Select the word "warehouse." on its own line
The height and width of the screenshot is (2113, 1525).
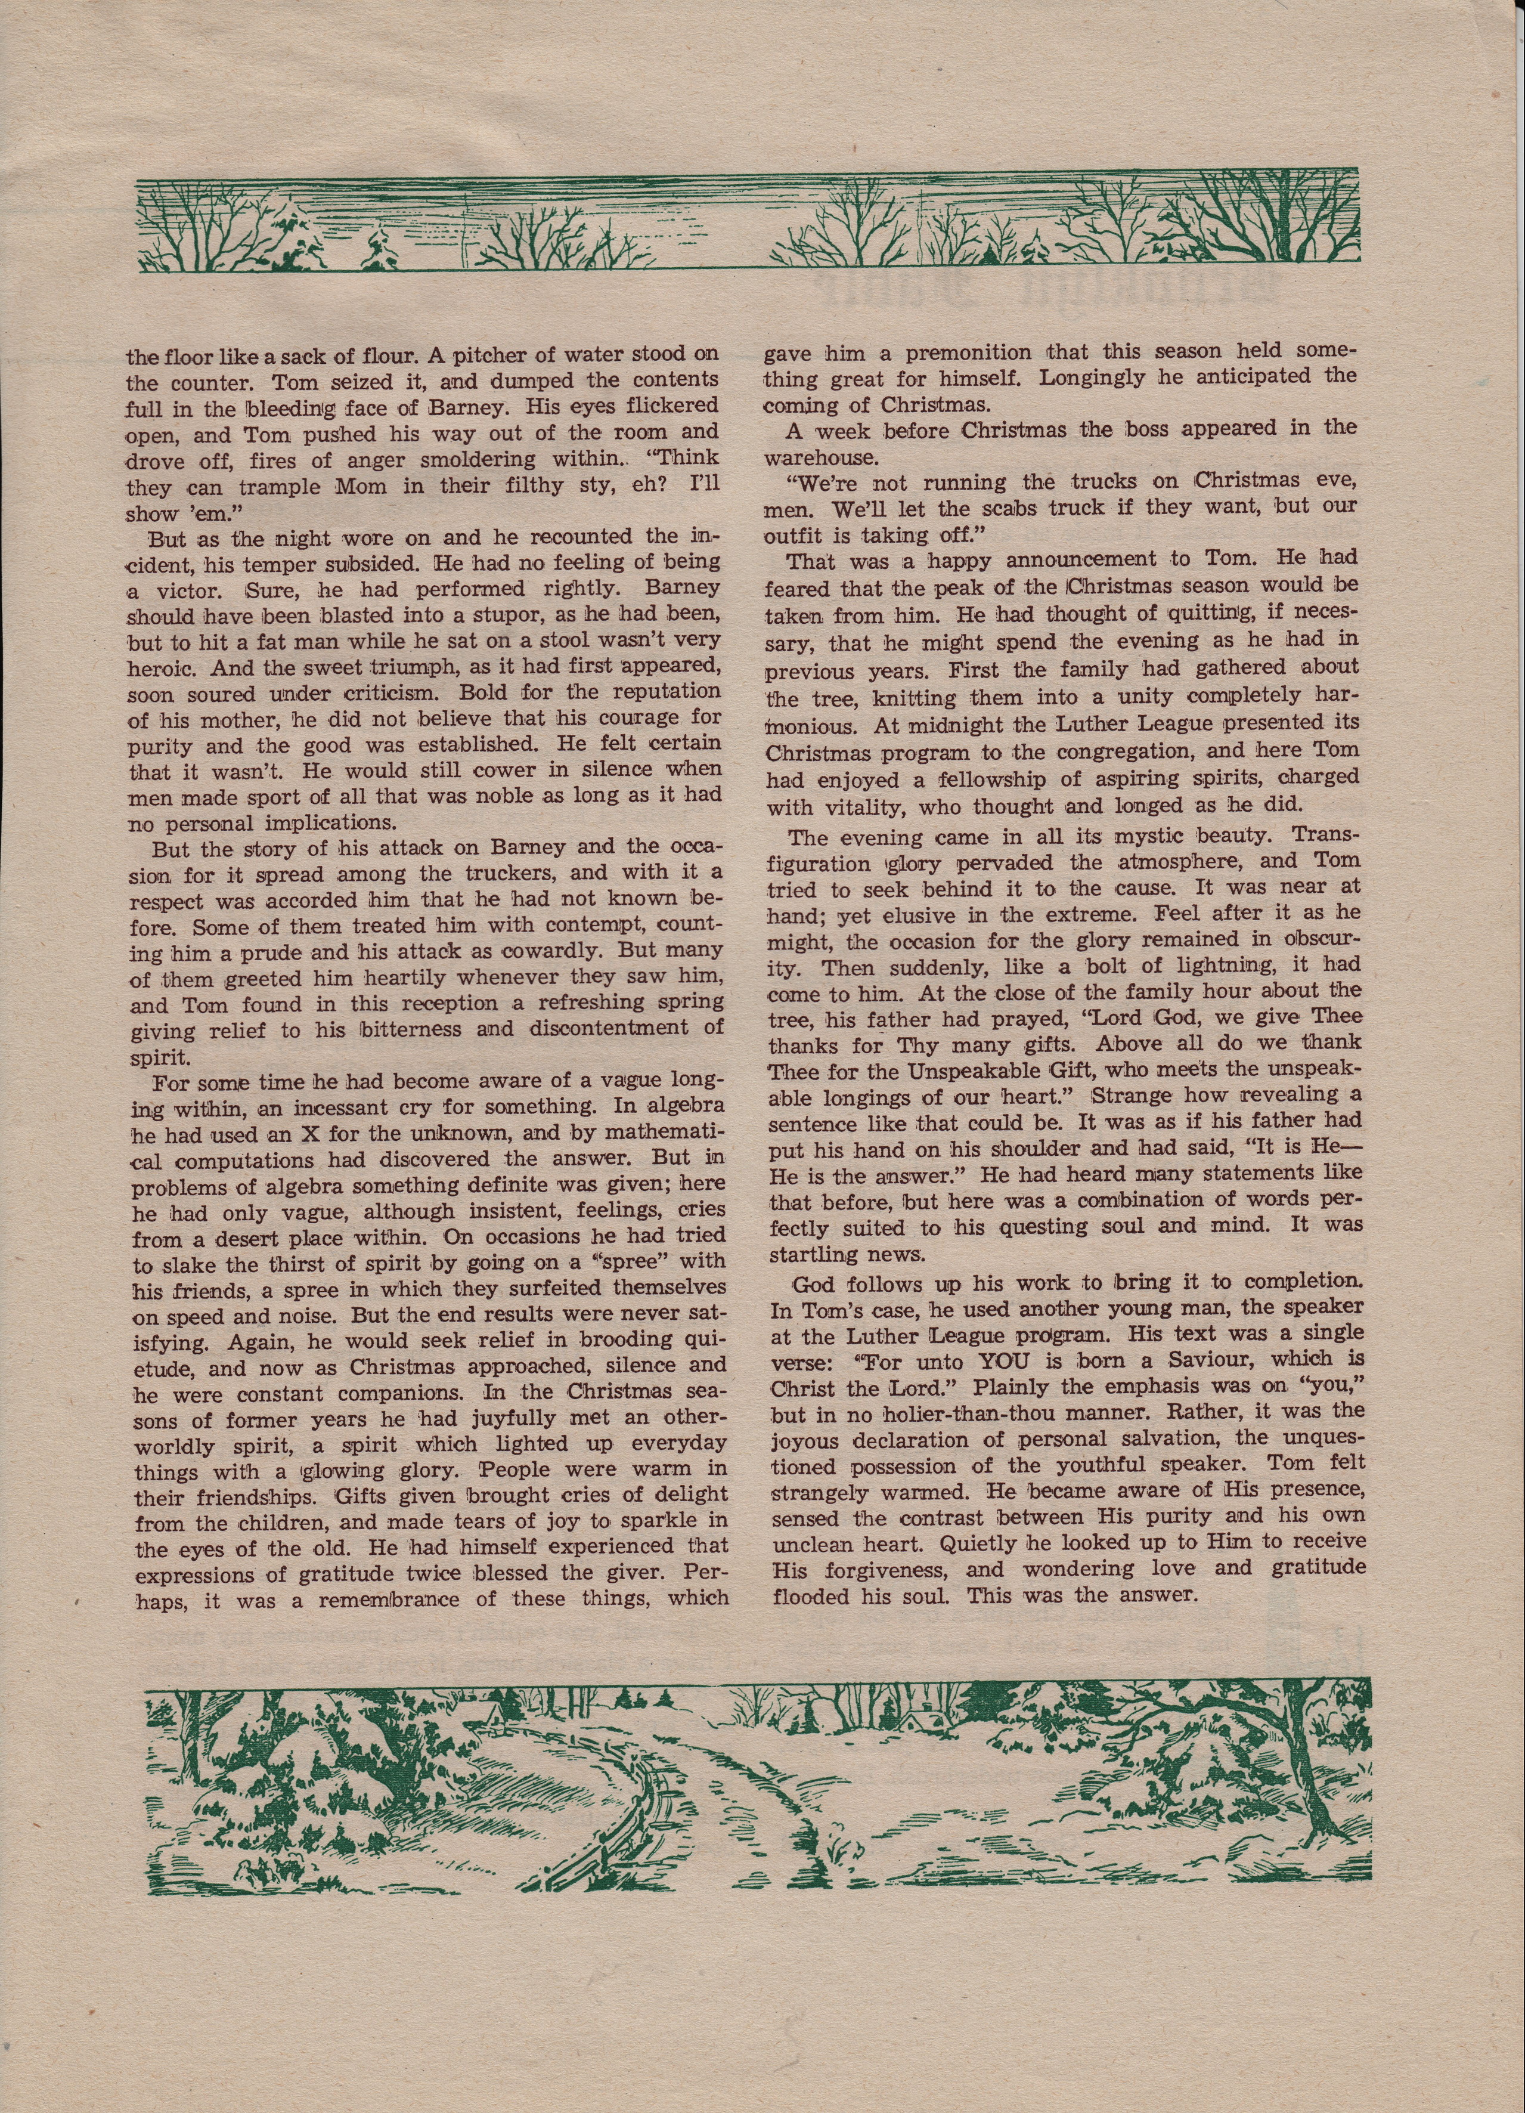(x=821, y=457)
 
